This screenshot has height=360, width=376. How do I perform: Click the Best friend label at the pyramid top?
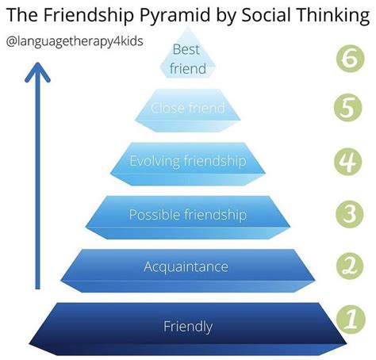click(188, 59)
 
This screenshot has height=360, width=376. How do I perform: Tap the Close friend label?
click(188, 109)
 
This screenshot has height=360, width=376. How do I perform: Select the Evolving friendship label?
click(188, 161)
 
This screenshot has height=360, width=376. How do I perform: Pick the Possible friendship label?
click(188, 214)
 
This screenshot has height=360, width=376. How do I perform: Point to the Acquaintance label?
click(186, 266)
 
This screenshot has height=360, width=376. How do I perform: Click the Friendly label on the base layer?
click(188, 325)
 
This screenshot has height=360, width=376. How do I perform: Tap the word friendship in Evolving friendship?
click(215, 161)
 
